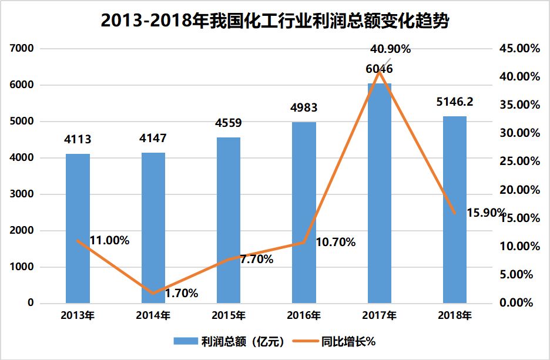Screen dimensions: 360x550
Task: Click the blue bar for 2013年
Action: click(x=78, y=228)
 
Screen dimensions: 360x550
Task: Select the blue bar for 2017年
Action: click(x=379, y=193)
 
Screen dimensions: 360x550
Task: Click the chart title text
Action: click(x=275, y=22)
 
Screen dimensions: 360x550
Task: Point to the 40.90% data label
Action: click(x=390, y=49)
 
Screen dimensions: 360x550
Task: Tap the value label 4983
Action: click(x=304, y=108)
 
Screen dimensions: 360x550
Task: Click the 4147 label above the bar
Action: click(x=153, y=139)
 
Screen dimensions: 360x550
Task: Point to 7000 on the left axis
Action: click(x=22, y=48)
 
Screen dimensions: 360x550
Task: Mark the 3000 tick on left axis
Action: click(x=22, y=194)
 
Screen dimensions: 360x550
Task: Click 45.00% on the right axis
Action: click(x=519, y=48)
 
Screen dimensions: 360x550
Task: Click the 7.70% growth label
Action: click(x=257, y=259)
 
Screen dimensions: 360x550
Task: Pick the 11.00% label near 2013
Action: click(x=109, y=240)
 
